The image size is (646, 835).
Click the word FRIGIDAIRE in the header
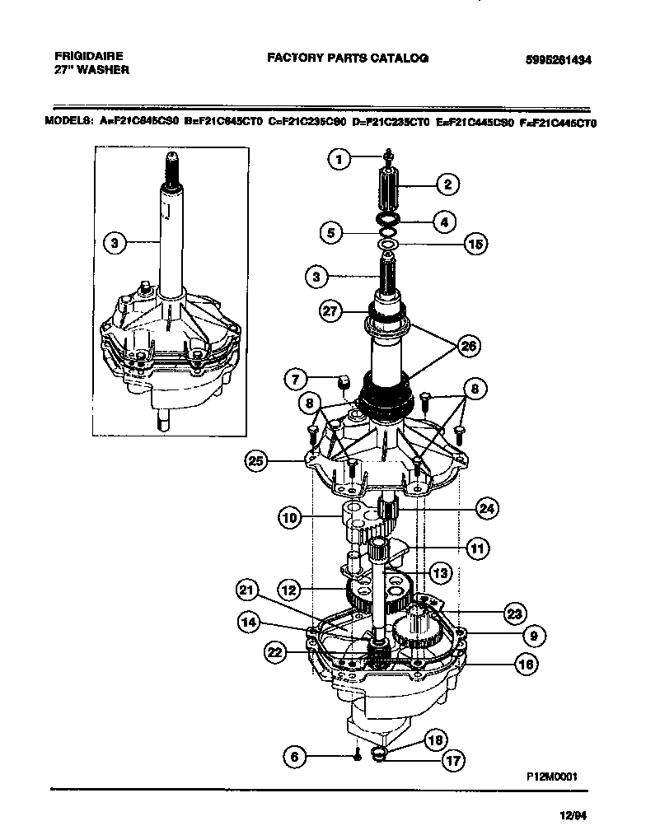coord(89,56)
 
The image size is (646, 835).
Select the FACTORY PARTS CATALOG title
coord(348,58)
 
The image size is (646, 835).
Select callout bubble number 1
coord(338,160)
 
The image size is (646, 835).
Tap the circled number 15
coord(475,243)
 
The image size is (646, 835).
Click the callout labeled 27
coord(330,310)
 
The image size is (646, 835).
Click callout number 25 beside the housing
coord(258,459)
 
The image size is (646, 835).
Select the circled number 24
coord(487,509)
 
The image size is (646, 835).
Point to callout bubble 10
coord(288,518)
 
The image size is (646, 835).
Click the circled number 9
coord(533,635)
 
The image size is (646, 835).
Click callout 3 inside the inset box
coord(115,242)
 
